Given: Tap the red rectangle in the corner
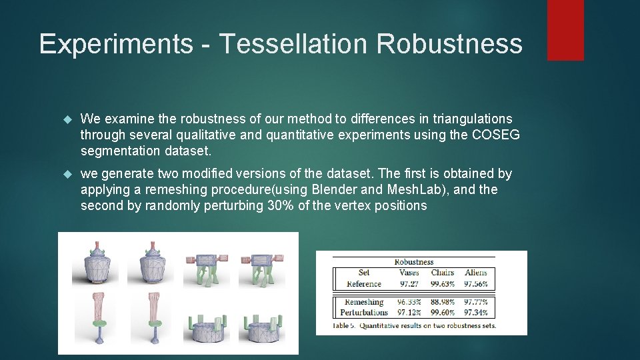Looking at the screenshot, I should tap(565, 30).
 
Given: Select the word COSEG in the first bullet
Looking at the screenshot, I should tap(495, 135).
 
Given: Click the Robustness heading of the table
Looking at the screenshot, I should tap(414, 262).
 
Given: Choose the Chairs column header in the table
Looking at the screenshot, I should tap(443, 273).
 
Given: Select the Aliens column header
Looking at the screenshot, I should tap(476, 273).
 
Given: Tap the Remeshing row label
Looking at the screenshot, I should tap(364, 302).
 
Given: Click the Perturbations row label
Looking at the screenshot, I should tap(364, 312).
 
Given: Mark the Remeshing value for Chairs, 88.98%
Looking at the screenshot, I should tap(443, 302).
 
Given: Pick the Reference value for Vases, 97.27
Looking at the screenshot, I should tap(409, 284).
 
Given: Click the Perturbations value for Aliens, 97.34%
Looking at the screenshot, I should tap(476, 312).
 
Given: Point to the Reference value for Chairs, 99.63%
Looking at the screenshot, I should tap(443, 284).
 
